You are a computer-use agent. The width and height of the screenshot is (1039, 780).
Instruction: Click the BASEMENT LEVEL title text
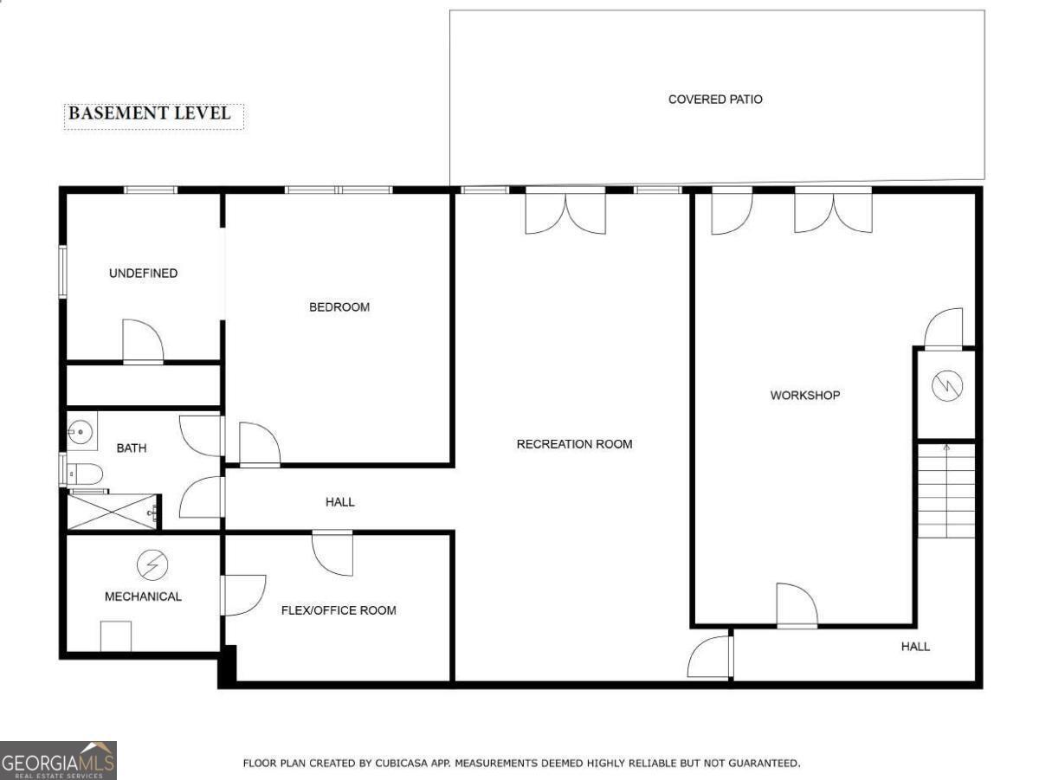[150, 113]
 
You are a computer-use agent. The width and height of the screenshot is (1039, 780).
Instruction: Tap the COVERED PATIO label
[715, 100]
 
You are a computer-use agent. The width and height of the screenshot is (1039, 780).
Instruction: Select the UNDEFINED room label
[144, 273]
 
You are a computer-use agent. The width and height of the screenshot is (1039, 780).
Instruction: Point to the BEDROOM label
[339, 307]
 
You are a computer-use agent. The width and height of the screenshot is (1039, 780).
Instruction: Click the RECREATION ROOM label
[574, 444]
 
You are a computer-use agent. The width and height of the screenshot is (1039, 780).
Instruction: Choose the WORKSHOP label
[805, 396]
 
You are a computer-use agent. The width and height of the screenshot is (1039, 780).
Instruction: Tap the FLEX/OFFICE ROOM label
[339, 610]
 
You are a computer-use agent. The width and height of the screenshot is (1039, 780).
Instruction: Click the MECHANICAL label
[143, 596]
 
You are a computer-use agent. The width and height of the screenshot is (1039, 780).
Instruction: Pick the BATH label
[132, 448]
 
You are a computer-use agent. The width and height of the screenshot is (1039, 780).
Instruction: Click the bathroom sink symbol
[81, 431]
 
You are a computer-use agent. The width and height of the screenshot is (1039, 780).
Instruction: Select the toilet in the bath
[85, 474]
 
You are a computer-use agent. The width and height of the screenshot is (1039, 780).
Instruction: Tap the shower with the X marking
[113, 512]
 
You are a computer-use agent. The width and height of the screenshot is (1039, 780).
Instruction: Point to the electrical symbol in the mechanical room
[152, 564]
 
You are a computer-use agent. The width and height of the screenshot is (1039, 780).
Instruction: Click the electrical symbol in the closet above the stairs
[947, 386]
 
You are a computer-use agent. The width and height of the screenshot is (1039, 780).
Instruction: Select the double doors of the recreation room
[565, 210]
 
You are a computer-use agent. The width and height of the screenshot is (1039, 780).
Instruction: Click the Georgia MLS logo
[58, 760]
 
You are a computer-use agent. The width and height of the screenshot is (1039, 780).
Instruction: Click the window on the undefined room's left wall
[62, 272]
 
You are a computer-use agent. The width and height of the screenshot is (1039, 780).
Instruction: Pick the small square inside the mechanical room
[116, 636]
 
